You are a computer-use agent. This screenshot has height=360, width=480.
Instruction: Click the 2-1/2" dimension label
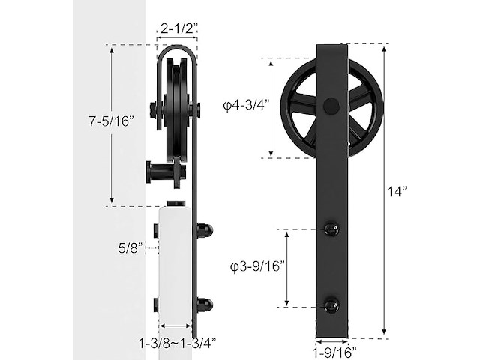pos(178,28)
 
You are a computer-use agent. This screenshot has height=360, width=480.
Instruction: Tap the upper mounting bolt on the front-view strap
pos(330,229)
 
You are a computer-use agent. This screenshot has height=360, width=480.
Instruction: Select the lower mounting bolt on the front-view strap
pos(330,305)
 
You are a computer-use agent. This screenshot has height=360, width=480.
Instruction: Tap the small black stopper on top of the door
pos(176,203)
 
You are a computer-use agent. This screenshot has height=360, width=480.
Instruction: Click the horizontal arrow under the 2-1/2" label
pos(178,40)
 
